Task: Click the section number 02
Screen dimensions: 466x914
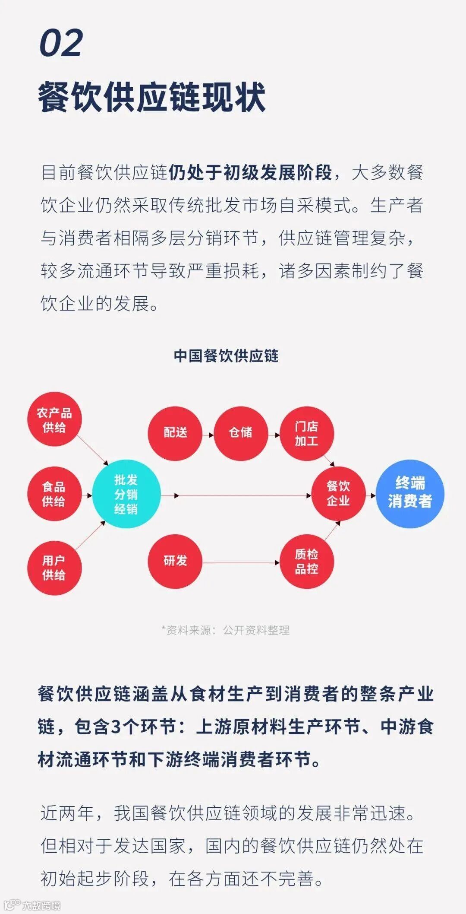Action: click(x=61, y=44)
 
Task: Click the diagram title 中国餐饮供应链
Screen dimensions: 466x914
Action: click(x=226, y=356)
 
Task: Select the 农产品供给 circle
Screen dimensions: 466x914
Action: click(x=54, y=420)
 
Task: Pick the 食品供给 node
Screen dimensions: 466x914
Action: click(x=54, y=494)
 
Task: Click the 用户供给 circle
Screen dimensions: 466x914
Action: click(x=54, y=568)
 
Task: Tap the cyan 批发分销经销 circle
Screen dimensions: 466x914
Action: click(x=126, y=494)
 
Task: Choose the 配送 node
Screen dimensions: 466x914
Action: click(x=175, y=433)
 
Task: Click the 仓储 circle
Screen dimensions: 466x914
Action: click(x=241, y=433)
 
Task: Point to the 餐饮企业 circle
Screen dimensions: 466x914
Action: click(x=338, y=494)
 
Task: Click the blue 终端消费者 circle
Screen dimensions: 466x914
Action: click(x=410, y=493)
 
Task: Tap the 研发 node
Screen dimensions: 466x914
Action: click(x=175, y=561)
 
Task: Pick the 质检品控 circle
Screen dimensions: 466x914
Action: click(x=306, y=561)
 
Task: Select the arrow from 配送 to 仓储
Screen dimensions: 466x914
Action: click(x=208, y=435)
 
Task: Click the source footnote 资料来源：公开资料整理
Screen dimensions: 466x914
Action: click(x=225, y=630)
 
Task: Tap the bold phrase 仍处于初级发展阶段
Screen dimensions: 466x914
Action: click(x=250, y=173)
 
